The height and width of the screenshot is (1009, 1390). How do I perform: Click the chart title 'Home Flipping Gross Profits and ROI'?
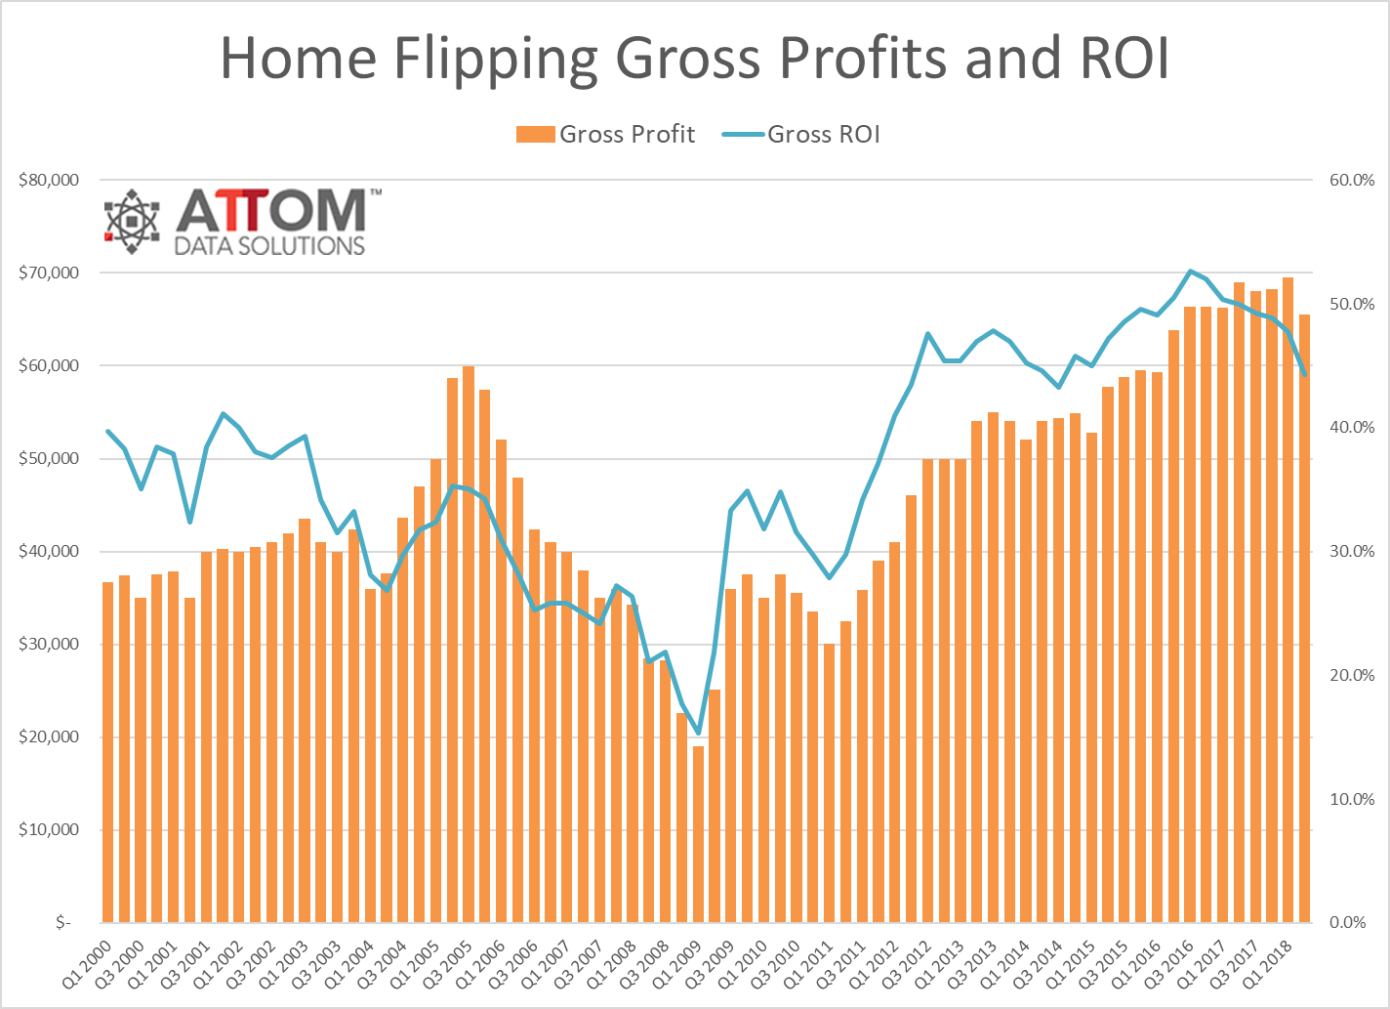(x=694, y=59)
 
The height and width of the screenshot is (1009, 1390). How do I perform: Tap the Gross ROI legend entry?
(x=802, y=134)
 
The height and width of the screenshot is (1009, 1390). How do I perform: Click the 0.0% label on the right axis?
(x=1352, y=923)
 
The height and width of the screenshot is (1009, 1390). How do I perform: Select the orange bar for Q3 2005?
(x=469, y=645)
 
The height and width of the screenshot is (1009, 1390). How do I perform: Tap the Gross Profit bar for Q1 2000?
(x=108, y=752)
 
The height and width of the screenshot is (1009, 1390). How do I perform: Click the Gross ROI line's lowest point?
(x=698, y=733)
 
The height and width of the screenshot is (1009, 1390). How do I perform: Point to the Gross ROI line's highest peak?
(x=1190, y=271)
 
